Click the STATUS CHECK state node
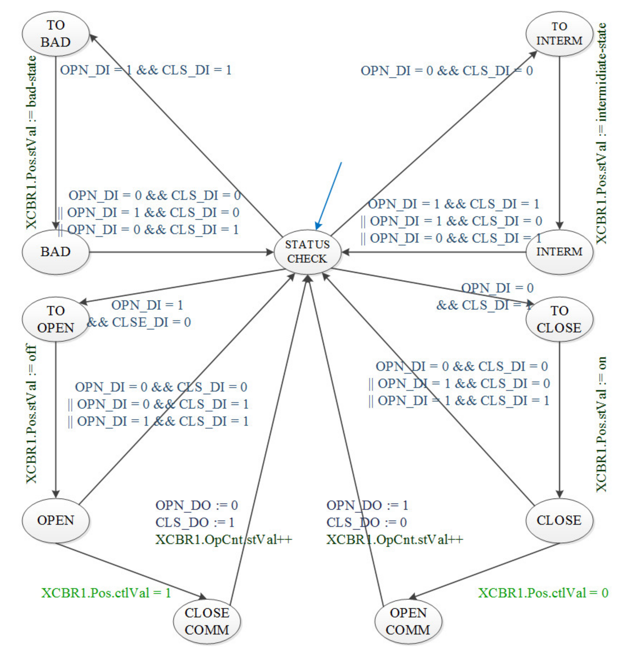(307, 252)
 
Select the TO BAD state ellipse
(55, 34)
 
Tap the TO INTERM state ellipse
(559, 34)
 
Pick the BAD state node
(55, 252)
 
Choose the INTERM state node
(559, 252)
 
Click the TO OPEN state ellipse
(55, 319)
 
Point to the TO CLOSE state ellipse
(559, 319)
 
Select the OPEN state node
(55, 521)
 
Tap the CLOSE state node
(559, 521)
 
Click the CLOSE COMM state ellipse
(207, 621)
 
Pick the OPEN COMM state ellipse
(408, 621)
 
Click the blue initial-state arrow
(329, 195)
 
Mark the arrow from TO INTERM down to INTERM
(560, 140)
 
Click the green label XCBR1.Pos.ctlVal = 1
(106, 593)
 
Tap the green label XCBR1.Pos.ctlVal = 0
(543, 593)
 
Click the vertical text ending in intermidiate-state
(601, 133)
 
